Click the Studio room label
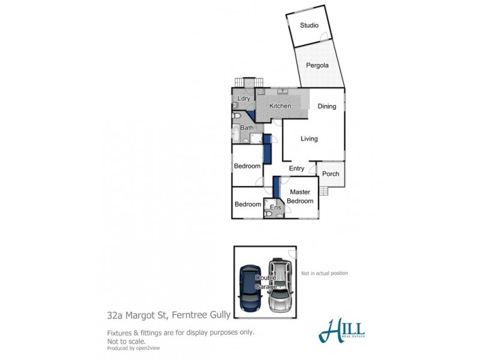pyautogui.click(x=309, y=25)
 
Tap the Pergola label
pyautogui.click(x=318, y=65)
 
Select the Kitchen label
pyautogui.click(x=280, y=106)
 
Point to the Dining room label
pyautogui.click(x=327, y=106)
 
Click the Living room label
pyautogui.click(x=309, y=139)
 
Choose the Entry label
pyautogui.click(x=296, y=169)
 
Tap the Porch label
pyautogui.click(x=331, y=174)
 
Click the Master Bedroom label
pyautogui.click(x=300, y=196)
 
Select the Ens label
pyautogui.click(x=275, y=208)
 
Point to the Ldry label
pyautogui.click(x=244, y=98)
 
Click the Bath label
pyautogui.click(x=247, y=128)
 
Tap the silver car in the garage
pyautogui.click(x=280, y=286)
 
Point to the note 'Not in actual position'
pyautogui.click(x=325, y=273)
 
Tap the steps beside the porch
pyautogui.click(x=324, y=191)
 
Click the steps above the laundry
pyautogui.click(x=248, y=82)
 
